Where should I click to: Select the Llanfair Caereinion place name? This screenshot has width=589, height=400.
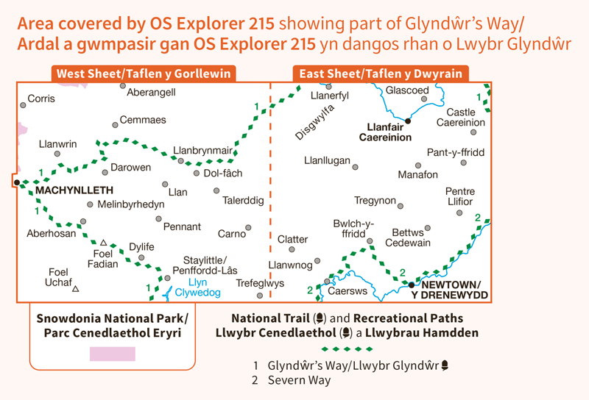click(385, 132)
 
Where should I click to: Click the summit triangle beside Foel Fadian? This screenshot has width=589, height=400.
click(104, 242)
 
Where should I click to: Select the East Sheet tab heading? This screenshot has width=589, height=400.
click(381, 74)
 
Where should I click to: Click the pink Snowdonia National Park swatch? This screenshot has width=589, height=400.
click(112, 354)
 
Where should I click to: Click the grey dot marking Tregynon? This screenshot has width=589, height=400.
click(403, 201)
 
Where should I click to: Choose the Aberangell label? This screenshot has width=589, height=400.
click(151, 93)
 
